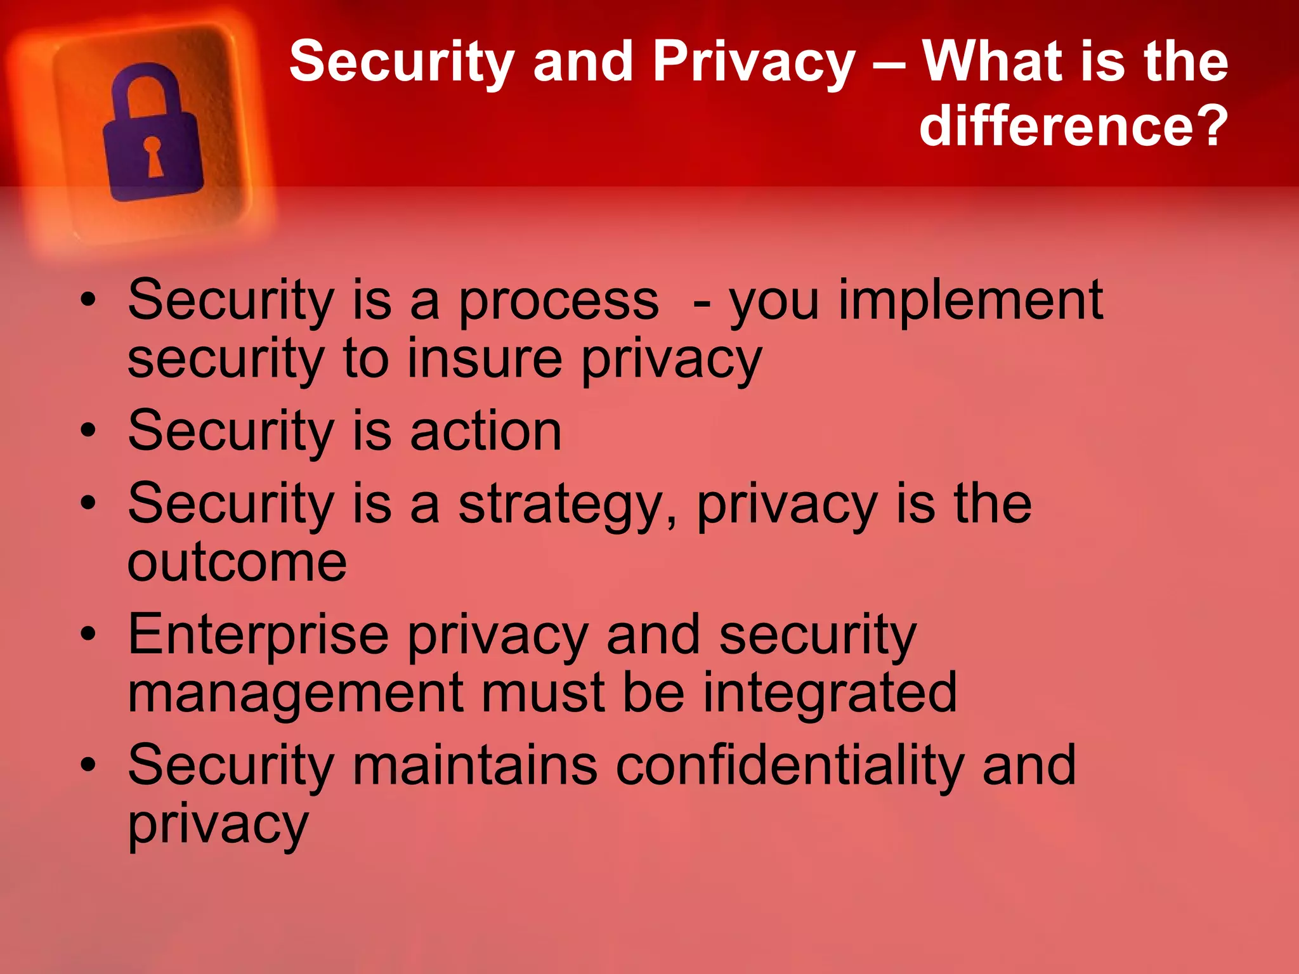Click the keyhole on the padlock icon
[x=153, y=155]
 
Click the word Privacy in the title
[x=754, y=62]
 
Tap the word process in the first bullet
[x=558, y=301]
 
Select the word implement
[x=970, y=301]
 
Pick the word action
[x=486, y=431]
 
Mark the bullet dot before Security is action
[x=88, y=431]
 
